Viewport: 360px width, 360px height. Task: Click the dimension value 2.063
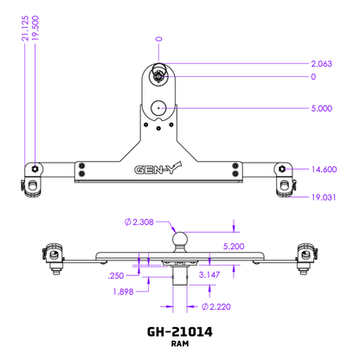[x=322, y=64]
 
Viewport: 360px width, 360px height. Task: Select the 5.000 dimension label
[x=322, y=108]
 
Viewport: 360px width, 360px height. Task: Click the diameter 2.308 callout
[x=138, y=222]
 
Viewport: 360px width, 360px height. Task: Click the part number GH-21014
[x=180, y=331]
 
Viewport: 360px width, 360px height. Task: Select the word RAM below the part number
[x=180, y=344]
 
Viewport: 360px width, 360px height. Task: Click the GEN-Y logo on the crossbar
[x=157, y=170]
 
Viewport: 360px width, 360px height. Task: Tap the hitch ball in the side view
[x=180, y=237]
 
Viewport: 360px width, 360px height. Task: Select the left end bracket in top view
[x=33, y=177]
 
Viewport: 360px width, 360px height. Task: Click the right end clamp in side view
[x=305, y=257]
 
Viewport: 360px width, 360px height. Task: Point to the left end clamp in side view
[x=54, y=257]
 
